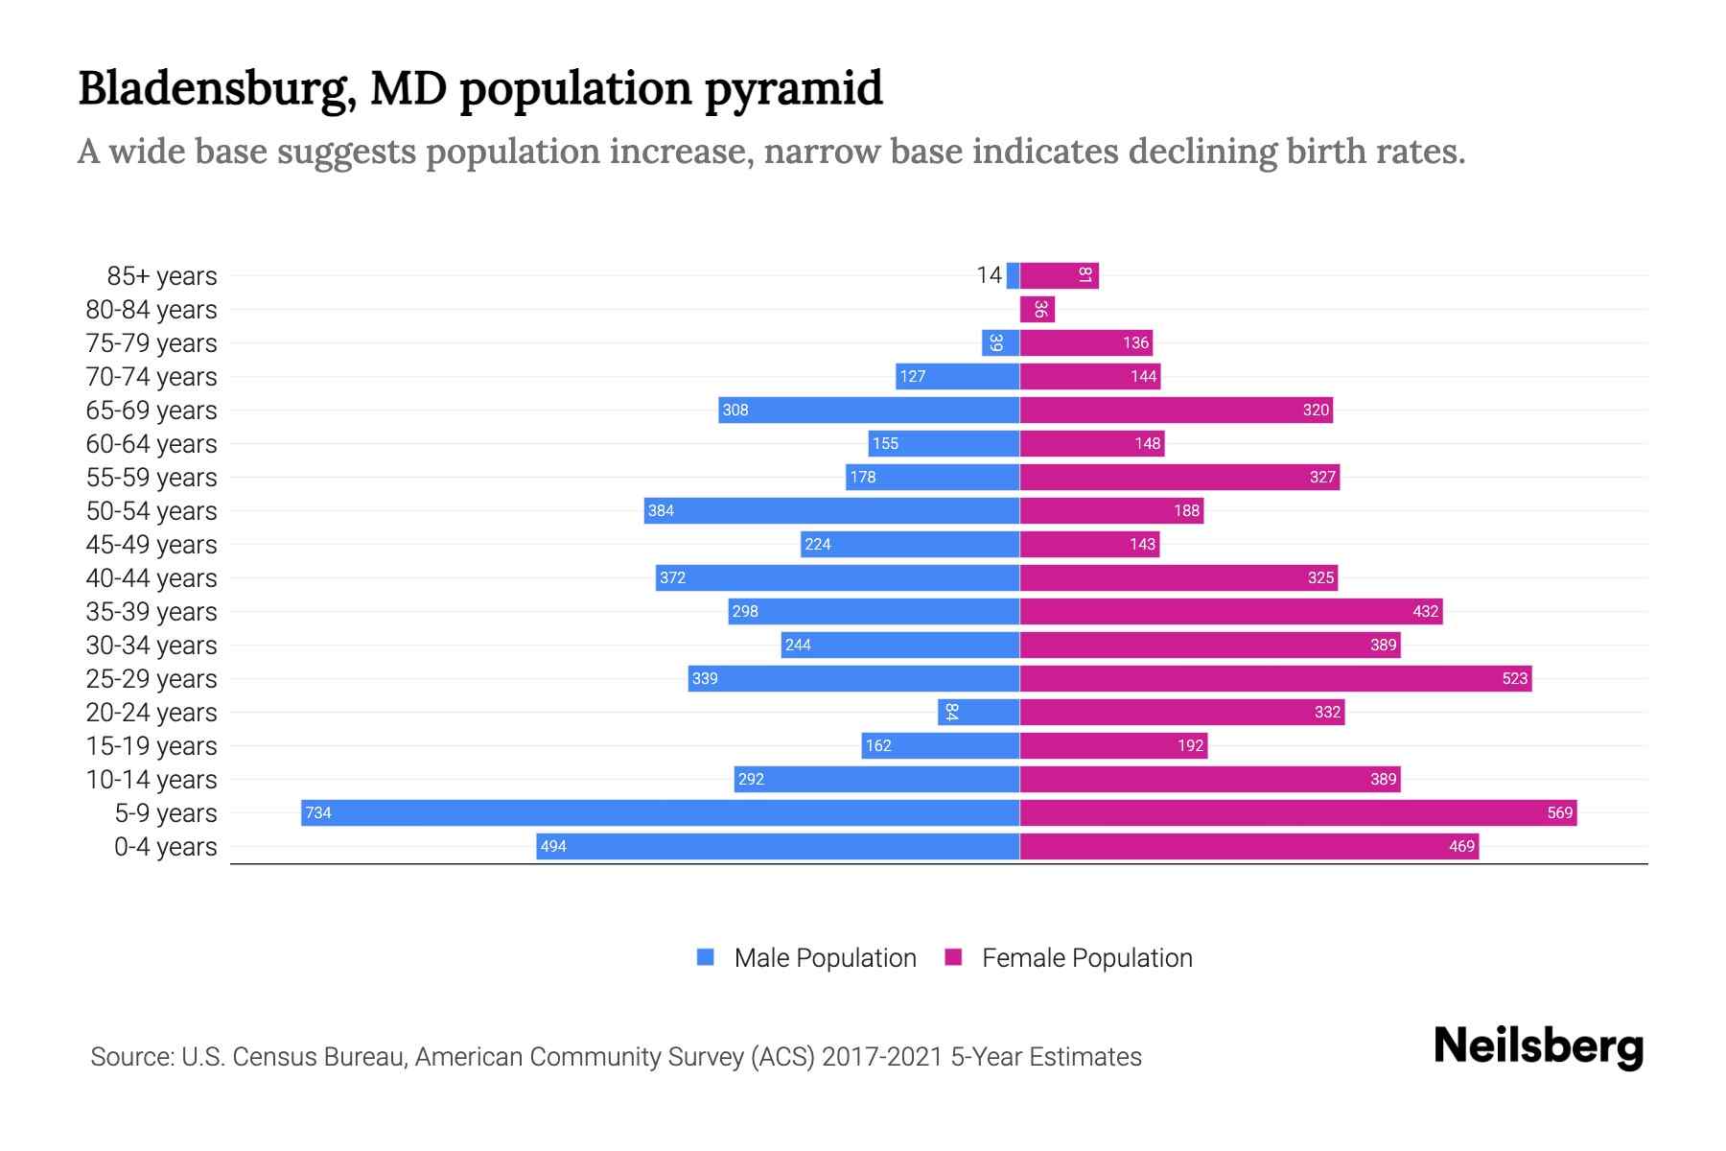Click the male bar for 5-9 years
coord(660,812)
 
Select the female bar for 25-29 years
coord(1275,678)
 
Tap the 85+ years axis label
coord(161,276)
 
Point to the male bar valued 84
coord(978,712)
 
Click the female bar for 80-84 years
coord(1038,309)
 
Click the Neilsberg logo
coord(1538,1046)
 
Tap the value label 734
coord(318,813)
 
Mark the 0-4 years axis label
coord(165,847)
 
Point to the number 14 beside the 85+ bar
coord(989,275)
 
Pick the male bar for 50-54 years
coord(831,510)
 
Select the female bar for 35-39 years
coord(1231,611)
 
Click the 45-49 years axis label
coord(152,545)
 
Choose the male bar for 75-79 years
coord(1000,342)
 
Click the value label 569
coord(1559,813)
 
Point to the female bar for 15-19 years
coord(1113,745)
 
